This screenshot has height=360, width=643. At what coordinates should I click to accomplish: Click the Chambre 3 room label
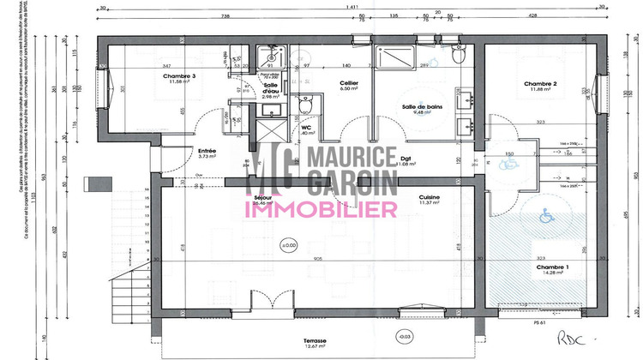click(x=180, y=76)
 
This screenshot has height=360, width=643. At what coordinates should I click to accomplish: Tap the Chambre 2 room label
click(x=541, y=83)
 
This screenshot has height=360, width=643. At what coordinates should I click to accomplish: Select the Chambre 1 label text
click(x=550, y=267)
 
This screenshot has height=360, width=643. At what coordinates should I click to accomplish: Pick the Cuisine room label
click(x=430, y=197)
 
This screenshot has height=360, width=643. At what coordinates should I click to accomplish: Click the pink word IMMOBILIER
click(x=321, y=208)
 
